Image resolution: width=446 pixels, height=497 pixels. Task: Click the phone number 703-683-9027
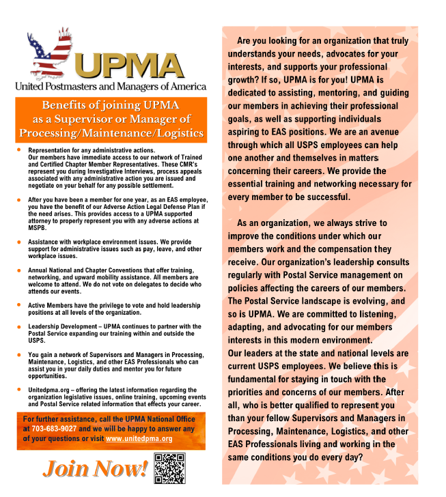click(x=53, y=429)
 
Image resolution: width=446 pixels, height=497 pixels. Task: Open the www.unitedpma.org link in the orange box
click(x=139, y=438)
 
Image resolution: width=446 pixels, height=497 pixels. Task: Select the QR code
click(x=169, y=468)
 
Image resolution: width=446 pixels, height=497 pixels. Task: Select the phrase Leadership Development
click(x=62, y=327)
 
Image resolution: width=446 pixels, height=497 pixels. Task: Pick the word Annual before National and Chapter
click(x=38, y=271)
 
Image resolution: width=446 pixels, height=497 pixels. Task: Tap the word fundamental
click(x=257, y=379)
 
